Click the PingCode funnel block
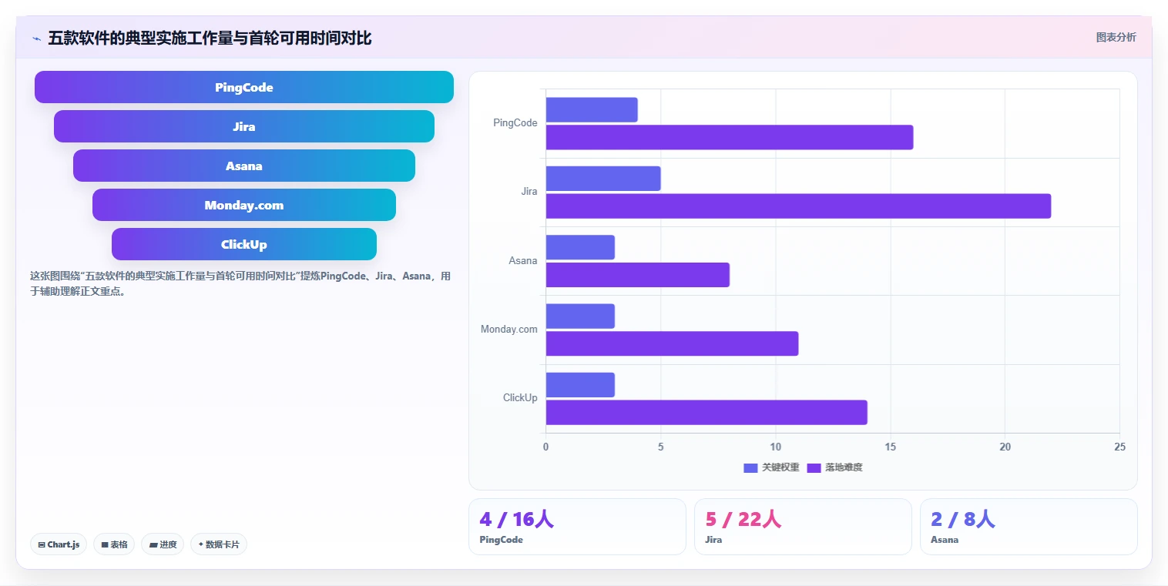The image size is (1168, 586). pyautogui.click(x=244, y=87)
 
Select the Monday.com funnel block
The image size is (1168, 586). pyautogui.click(x=244, y=205)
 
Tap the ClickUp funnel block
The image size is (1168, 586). pyautogui.click(x=244, y=244)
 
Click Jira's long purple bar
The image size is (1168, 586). pyautogui.click(x=798, y=206)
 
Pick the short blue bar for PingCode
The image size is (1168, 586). pyautogui.click(x=592, y=110)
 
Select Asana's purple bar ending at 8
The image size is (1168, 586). pyautogui.click(x=638, y=275)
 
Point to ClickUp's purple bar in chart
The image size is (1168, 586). pyautogui.click(x=707, y=413)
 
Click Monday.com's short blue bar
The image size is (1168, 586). pyautogui.click(x=580, y=316)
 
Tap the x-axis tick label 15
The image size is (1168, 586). pyautogui.click(x=890, y=447)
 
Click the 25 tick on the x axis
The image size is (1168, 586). pyautogui.click(x=1119, y=447)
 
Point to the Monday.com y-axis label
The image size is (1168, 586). pyautogui.click(x=509, y=329)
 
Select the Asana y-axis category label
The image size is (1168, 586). pyautogui.click(x=523, y=260)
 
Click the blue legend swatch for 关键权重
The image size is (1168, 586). pyautogui.click(x=750, y=467)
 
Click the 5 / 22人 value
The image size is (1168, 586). pyautogui.click(x=743, y=519)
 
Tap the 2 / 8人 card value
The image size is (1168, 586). pyautogui.click(x=963, y=519)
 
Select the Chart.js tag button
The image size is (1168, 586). pyautogui.click(x=59, y=544)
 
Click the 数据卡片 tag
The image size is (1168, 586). pyautogui.click(x=219, y=544)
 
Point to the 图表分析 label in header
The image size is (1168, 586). pyautogui.click(x=1116, y=37)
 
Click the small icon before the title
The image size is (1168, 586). pyautogui.click(x=36, y=39)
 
